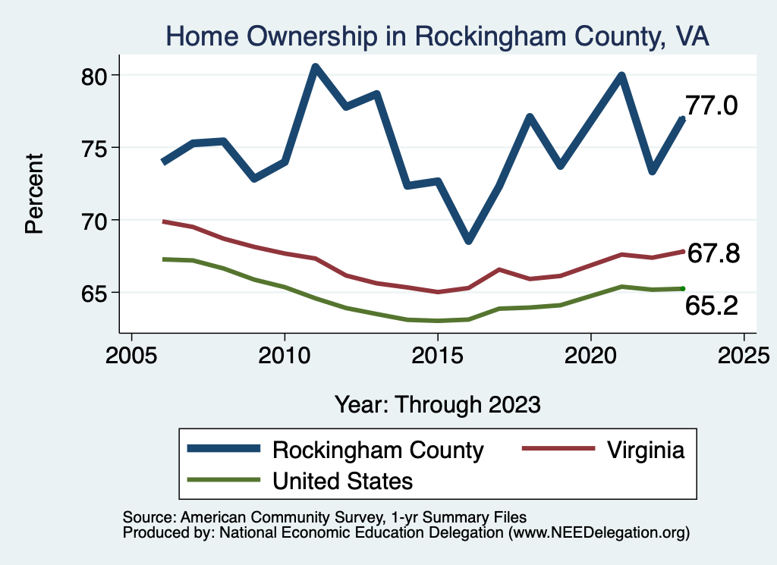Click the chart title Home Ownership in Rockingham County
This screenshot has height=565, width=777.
click(438, 36)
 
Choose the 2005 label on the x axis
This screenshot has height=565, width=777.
click(131, 356)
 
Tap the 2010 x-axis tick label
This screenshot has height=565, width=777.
click(285, 356)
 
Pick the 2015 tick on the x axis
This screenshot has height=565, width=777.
click(438, 356)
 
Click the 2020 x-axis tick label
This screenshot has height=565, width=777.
click(591, 356)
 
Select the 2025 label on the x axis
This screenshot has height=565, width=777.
click(744, 356)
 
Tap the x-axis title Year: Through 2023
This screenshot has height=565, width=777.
click(438, 404)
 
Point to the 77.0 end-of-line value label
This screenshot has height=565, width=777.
click(711, 106)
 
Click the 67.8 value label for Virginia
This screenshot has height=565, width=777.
click(713, 254)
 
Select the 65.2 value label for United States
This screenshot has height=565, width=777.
click(712, 305)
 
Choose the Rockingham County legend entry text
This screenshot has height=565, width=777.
click(378, 450)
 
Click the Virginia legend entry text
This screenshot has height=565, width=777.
click(646, 450)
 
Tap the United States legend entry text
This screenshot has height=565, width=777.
click(343, 481)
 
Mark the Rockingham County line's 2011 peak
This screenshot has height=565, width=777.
click(316, 67)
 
